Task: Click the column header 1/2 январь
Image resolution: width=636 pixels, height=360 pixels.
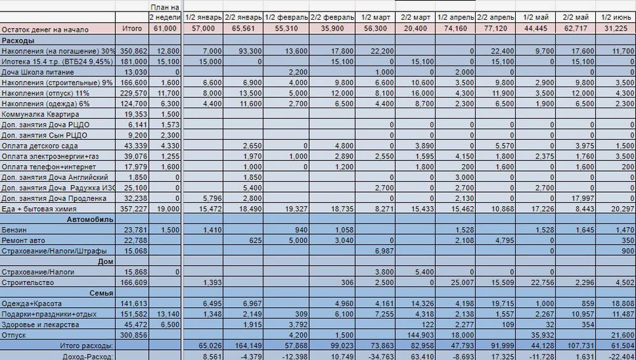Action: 202,17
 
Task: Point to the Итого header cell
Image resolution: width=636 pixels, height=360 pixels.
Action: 132,29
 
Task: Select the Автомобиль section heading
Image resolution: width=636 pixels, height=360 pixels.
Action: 90,219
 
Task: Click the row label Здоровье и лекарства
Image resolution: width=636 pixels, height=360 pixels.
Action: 41,325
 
